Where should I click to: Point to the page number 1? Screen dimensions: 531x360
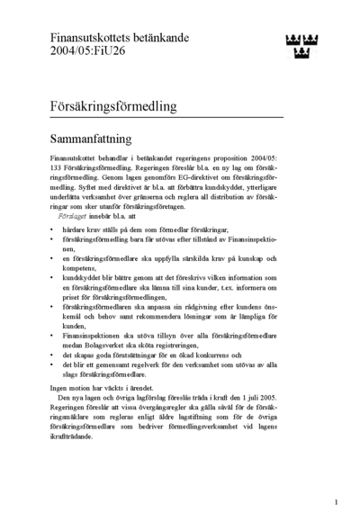click(x=336, y=501)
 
